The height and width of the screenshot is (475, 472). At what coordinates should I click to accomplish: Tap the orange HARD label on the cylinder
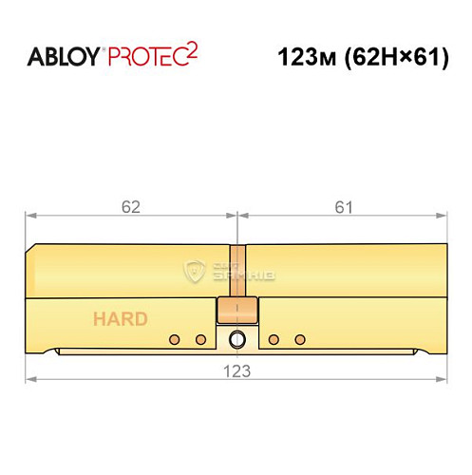[120, 318]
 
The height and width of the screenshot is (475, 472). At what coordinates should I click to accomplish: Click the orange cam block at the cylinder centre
[236, 311]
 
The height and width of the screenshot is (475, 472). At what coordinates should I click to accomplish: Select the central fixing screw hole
[236, 340]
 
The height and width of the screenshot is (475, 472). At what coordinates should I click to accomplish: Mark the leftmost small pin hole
[174, 339]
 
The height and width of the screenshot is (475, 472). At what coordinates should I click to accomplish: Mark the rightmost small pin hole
[300, 339]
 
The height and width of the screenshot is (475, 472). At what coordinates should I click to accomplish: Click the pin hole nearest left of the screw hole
[200, 339]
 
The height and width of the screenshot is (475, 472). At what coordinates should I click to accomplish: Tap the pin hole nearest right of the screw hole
[274, 339]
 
